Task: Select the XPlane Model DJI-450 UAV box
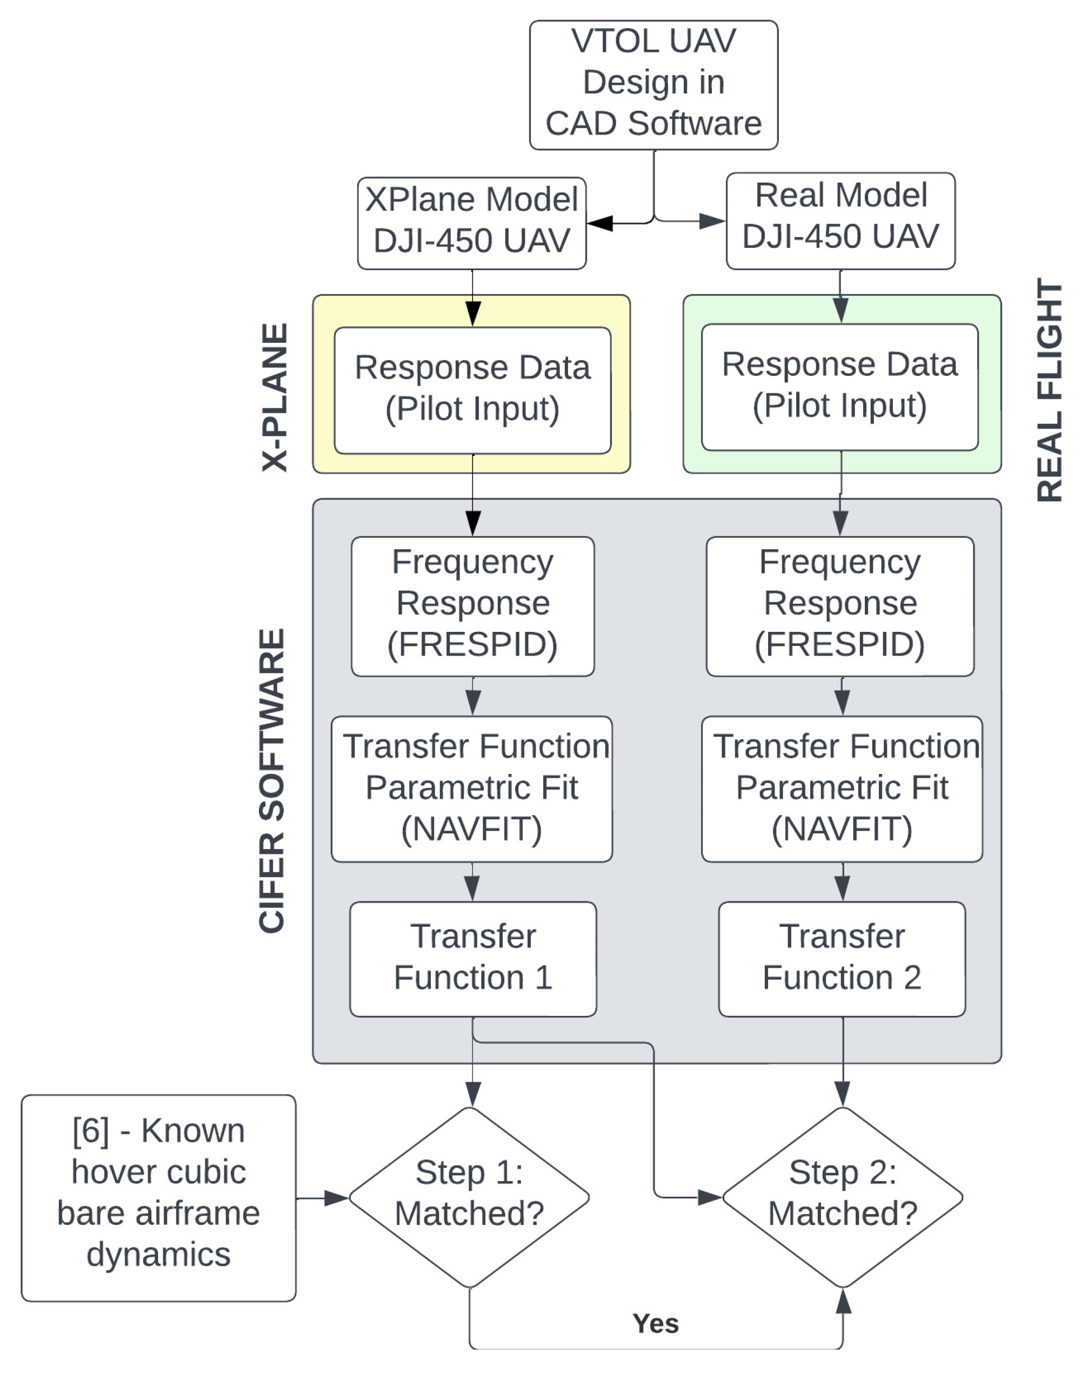click(x=471, y=223)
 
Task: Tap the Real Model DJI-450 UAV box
click(x=840, y=220)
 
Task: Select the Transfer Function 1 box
click(x=473, y=959)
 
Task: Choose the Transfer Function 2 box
click(x=842, y=959)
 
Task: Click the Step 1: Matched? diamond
click(x=469, y=1197)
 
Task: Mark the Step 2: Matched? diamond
click(x=843, y=1197)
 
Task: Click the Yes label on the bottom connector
click(x=655, y=1324)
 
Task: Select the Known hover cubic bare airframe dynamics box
click(x=158, y=1197)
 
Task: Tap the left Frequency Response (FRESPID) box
click(x=473, y=606)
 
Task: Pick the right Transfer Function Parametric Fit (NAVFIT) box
click(x=842, y=788)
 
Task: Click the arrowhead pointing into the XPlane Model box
click(x=600, y=223)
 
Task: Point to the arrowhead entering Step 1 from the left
click(x=336, y=1198)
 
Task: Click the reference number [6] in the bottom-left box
click(x=90, y=1130)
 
